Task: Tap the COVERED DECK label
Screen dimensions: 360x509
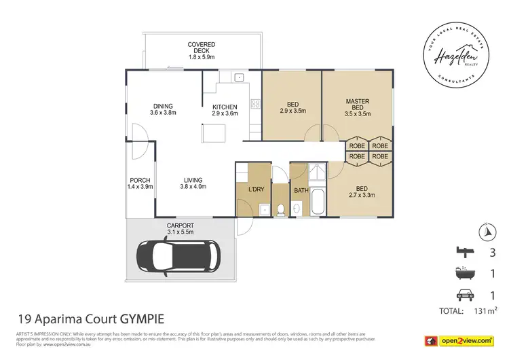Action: pyautogui.click(x=202, y=50)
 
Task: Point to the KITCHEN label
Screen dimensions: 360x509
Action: pyautogui.click(x=225, y=111)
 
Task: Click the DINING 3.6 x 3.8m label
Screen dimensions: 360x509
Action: pyautogui.click(x=163, y=109)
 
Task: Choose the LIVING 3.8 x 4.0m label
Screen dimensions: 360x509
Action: pyautogui.click(x=192, y=183)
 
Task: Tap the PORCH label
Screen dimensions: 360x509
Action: pyautogui.click(x=141, y=183)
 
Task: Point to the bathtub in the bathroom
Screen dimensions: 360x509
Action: pyautogui.click(x=317, y=201)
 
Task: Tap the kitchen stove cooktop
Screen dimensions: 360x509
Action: pyautogui.click(x=256, y=105)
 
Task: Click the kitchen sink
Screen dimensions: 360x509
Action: pyautogui.click(x=240, y=77)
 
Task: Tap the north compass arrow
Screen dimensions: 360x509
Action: pyautogui.click(x=485, y=232)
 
